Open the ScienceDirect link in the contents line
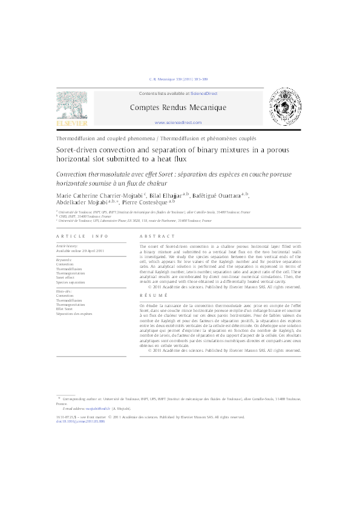tap(204, 94)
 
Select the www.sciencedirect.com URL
tap(178, 122)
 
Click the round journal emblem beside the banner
tap(283, 106)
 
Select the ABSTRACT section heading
tap(157, 236)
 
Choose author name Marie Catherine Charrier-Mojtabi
tap(97, 196)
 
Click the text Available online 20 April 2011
tap(80, 250)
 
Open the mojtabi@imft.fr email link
tap(96, 409)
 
